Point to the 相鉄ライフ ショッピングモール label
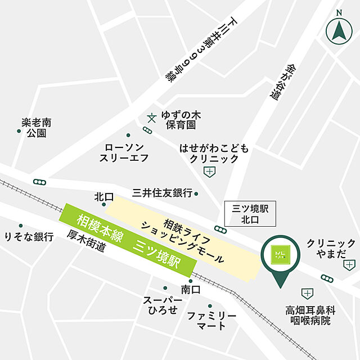click(x=183, y=235)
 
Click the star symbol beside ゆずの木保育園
click(x=151, y=118)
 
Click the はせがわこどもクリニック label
click(x=214, y=153)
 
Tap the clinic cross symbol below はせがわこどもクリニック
click(x=209, y=172)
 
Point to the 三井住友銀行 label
click(x=162, y=193)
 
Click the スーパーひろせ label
click(x=163, y=305)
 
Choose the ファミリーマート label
click(x=206, y=321)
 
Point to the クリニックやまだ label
click(x=331, y=249)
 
